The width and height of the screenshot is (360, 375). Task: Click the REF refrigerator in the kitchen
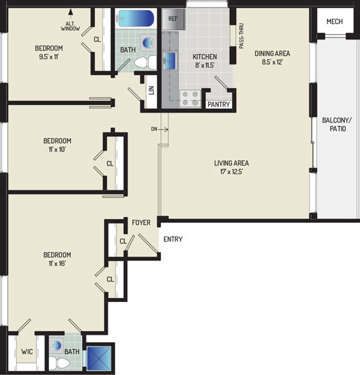pos(174,19)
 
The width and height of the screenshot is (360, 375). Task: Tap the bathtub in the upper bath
pos(136,18)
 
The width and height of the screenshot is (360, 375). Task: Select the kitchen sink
pos(170,60)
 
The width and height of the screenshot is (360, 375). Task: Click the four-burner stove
pos(190,98)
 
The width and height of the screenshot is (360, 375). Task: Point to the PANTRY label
pos(219,104)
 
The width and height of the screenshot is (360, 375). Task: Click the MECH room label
pos(335,22)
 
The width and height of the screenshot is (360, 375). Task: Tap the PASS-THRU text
pos(241,36)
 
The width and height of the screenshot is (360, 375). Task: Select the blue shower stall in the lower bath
pos(99,358)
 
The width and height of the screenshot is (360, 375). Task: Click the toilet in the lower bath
pos(59,363)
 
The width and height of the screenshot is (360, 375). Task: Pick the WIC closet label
pos(27,352)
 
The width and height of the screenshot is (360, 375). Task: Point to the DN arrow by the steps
pos(164,130)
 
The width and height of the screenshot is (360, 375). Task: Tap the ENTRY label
pos(172,239)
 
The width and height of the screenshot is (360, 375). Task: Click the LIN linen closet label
pos(151,91)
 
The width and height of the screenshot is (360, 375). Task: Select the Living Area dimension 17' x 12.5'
pos(231,172)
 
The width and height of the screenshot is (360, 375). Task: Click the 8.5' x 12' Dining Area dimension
pos(272,62)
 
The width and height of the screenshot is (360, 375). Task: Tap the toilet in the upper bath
pos(145,62)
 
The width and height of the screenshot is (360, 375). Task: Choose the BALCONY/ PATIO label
pos(337,124)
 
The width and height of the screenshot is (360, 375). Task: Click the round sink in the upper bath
pos(147,42)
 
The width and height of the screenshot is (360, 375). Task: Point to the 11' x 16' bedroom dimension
pos(57,263)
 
